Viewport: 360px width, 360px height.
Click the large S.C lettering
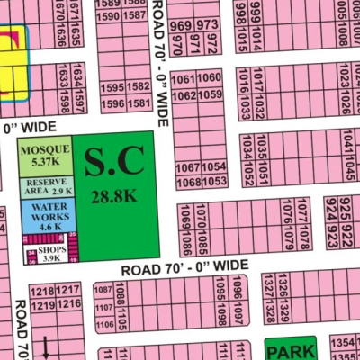112,162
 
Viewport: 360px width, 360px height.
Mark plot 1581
138,104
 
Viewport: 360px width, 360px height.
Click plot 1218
42,292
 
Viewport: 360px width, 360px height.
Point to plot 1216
67,306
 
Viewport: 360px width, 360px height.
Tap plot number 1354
341,344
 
